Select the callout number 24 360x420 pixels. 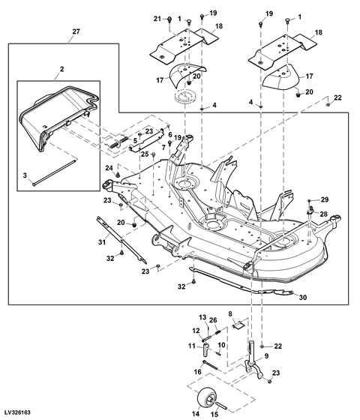pos(108,167)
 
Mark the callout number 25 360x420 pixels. pos(145,154)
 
